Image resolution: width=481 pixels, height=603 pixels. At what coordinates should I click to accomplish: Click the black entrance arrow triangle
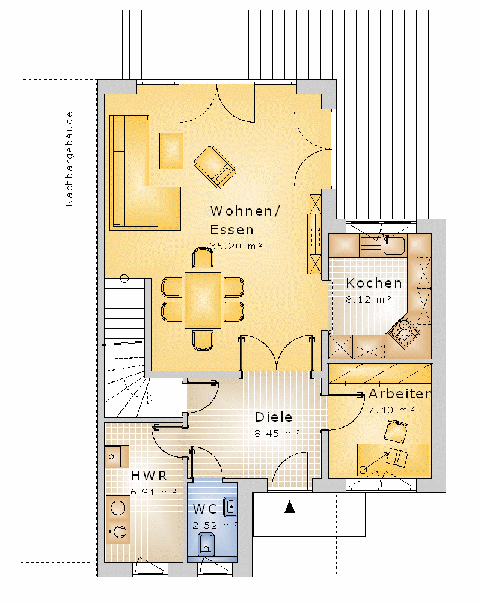(x=290, y=507)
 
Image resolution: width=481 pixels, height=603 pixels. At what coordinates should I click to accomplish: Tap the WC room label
(x=205, y=509)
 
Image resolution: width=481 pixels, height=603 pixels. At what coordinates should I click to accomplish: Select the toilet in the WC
(x=206, y=544)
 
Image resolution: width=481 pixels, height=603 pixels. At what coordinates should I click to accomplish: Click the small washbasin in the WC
(x=230, y=506)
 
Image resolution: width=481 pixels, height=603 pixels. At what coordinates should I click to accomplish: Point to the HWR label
(x=149, y=476)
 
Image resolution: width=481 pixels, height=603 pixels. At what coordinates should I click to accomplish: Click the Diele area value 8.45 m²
(x=277, y=434)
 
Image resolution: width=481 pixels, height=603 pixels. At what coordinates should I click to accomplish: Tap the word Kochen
(x=374, y=283)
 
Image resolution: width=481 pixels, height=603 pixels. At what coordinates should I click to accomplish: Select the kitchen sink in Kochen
(x=394, y=245)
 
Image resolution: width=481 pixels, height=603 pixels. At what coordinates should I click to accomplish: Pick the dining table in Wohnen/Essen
(x=203, y=300)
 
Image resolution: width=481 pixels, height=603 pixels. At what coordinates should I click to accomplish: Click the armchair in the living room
(x=215, y=166)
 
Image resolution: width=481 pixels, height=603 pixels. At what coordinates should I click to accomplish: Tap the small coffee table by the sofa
(x=171, y=150)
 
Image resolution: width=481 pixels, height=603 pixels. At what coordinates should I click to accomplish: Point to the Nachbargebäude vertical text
(x=69, y=159)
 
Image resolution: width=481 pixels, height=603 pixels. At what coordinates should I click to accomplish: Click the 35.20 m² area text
(x=236, y=246)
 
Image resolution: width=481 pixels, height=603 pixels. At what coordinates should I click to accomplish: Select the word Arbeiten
(x=400, y=394)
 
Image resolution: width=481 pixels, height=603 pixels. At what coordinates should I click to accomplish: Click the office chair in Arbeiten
(x=396, y=431)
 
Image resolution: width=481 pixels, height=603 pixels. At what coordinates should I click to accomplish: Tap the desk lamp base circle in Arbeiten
(x=363, y=470)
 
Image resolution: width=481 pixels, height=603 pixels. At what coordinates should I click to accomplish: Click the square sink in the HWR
(x=117, y=456)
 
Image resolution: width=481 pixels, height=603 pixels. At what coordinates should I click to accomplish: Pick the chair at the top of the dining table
(x=203, y=258)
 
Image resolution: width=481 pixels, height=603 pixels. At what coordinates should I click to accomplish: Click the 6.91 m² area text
(x=153, y=492)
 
